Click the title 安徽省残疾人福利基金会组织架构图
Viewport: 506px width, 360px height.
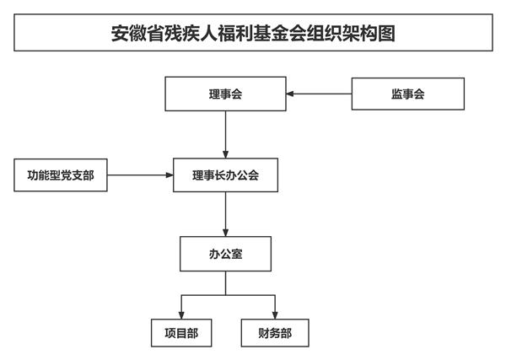(253, 33)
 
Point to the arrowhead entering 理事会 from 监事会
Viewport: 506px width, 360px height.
(290, 94)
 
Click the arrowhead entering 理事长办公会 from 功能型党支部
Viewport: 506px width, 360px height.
(170, 175)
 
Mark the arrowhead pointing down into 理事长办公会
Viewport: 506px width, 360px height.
(225, 154)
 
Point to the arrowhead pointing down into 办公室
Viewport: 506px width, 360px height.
(225, 233)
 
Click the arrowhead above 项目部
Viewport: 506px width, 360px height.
(181, 315)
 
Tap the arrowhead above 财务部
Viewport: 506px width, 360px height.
(275, 315)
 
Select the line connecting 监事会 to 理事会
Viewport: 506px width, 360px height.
(319, 94)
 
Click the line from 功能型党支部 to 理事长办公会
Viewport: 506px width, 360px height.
(140, 175)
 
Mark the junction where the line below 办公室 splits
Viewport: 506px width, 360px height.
(225, 295)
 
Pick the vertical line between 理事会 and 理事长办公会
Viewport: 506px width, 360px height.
(225, 135)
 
